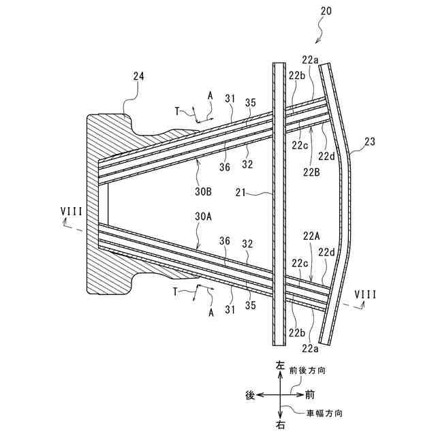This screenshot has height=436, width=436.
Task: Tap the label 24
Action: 138,77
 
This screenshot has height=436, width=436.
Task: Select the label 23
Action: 370,142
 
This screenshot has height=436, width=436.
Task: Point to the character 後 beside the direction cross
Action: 250,394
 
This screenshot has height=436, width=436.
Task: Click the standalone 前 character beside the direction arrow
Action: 310,394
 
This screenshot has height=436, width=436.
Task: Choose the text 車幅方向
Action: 324,413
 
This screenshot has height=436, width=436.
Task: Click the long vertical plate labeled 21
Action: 278,204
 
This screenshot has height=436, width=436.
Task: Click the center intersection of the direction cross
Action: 279,394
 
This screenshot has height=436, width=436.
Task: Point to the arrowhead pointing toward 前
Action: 299,394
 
